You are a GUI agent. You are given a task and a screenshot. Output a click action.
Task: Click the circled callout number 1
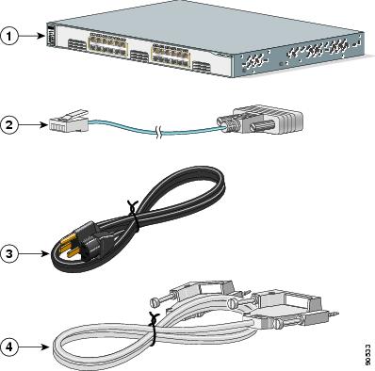(x=9, y=39)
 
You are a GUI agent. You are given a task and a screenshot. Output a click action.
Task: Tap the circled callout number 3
(x=9, y=252)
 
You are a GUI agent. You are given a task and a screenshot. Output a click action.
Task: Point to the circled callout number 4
(x=9, y=347)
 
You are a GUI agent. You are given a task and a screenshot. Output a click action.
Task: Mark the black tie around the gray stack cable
(x=150, y=336)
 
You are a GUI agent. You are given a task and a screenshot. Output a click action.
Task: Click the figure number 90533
(x=367, y=353)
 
